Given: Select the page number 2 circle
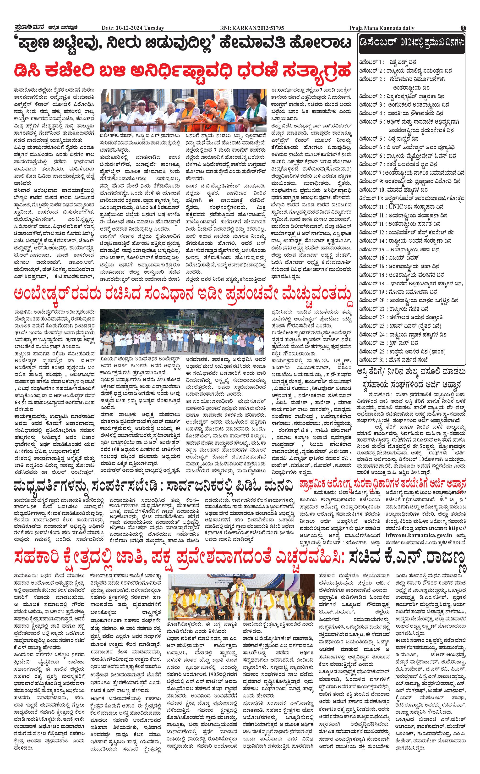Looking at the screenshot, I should pos(464,28).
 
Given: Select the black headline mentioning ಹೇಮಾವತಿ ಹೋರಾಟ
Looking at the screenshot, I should pos(183,44).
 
